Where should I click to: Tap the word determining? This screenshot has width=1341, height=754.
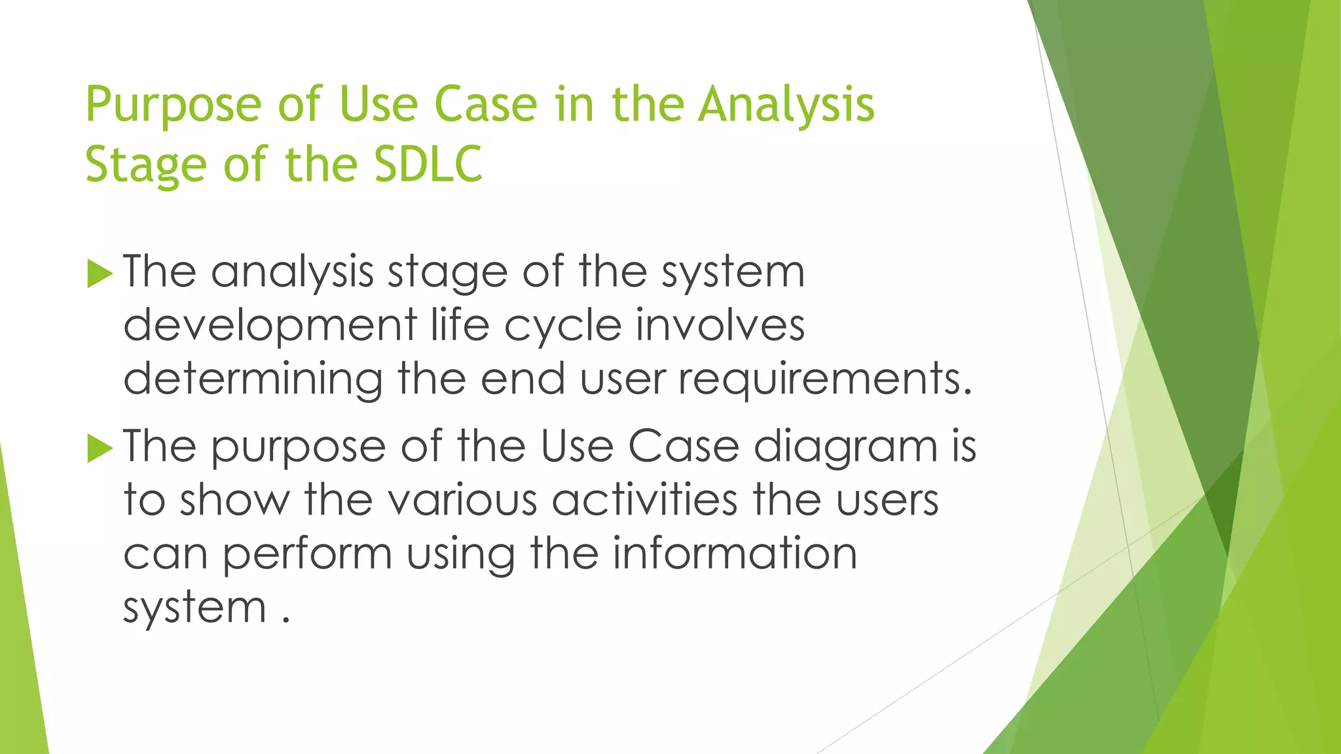(x=253, y=380)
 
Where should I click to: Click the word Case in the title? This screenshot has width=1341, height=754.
(x=485, y=105)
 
